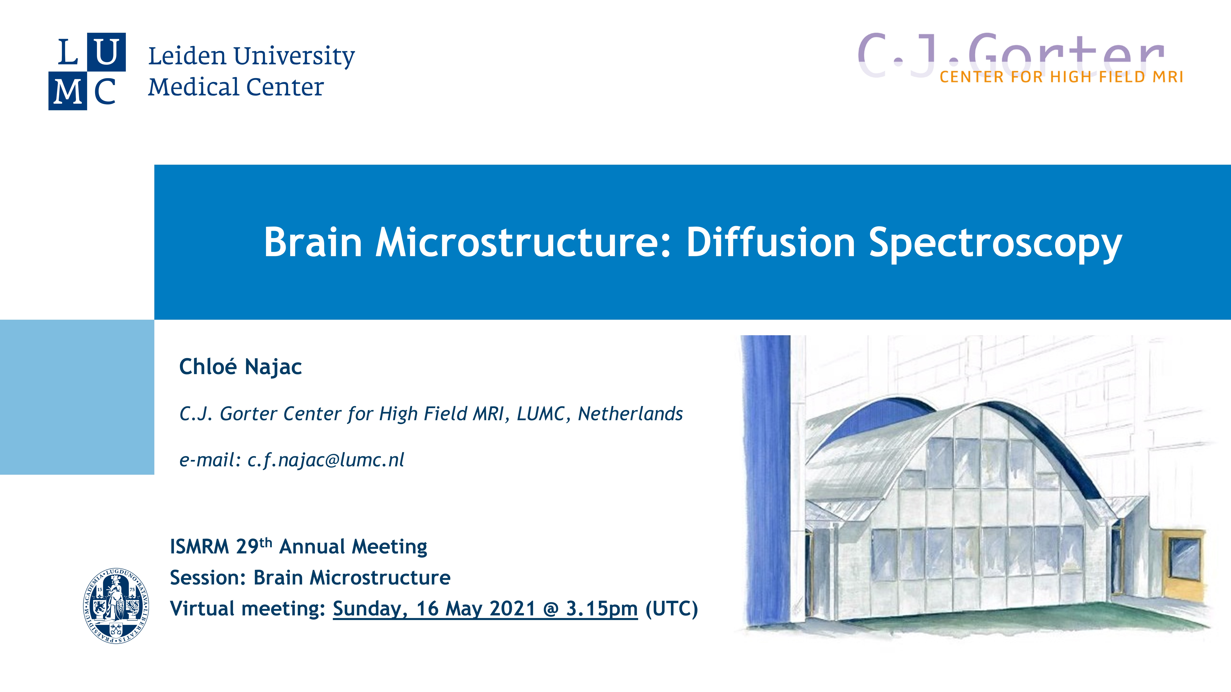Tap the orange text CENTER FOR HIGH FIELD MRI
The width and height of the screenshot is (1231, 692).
pos(1061,77)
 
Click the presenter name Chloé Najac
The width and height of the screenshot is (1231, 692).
pos(240,367)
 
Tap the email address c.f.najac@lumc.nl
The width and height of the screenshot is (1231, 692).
pos(325,460)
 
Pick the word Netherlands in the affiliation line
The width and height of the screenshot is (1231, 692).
pos(630,414)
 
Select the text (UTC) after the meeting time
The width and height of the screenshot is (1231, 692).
pos(671,609)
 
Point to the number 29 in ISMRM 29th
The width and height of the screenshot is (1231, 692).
pos(247,547)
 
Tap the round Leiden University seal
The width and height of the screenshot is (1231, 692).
pos(116,605)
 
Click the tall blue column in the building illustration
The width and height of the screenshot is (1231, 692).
pos(766,480)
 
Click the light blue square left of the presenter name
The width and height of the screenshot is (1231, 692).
pos(77,397)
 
